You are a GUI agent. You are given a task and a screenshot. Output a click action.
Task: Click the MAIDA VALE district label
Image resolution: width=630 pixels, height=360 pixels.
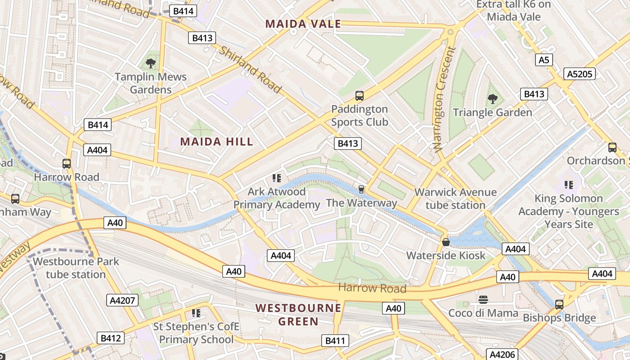[303, 24]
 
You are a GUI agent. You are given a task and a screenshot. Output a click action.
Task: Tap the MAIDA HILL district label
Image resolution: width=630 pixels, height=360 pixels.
[216, 142]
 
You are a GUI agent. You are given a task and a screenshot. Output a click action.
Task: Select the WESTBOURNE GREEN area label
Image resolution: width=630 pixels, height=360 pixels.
[298, 315]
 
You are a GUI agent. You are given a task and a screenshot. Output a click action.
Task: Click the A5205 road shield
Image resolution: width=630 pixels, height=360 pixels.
[580, 74]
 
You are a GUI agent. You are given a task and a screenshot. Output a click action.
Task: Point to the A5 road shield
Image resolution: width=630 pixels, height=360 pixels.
[544, 60]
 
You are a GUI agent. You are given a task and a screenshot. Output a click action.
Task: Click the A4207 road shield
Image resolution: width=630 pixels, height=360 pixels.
[122, 300]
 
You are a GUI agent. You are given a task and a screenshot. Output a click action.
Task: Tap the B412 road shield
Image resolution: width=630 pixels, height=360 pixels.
[110, 338]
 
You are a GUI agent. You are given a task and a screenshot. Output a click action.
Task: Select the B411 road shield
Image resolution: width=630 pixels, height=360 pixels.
[335, 341]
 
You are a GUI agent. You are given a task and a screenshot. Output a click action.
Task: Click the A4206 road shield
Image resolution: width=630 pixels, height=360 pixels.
[502, 354]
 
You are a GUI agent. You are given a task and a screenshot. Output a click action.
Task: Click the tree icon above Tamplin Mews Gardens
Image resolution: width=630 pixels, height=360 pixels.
[151, 63]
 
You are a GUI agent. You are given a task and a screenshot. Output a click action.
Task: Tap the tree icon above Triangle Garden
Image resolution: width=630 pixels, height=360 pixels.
[493, 99]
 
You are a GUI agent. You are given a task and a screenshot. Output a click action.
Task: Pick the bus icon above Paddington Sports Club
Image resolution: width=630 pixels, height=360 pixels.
[359, 95]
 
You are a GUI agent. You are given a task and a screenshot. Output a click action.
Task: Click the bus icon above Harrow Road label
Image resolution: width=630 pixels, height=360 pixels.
[67, 164]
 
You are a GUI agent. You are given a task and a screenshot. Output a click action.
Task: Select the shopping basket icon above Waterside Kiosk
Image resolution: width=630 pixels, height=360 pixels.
[446, 242]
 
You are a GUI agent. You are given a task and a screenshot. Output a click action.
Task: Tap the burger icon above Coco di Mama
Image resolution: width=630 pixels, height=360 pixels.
[483, 299]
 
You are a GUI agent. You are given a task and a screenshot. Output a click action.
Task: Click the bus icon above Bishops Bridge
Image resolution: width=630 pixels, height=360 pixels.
[559, 304]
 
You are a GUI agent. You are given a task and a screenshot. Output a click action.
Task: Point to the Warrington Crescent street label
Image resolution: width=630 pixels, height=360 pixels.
[444, 99]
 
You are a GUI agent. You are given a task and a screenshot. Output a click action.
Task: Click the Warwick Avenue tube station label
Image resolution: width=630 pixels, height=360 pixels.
[455, 198]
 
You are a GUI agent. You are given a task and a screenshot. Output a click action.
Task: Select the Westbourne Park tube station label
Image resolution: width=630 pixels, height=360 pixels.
[76, 268]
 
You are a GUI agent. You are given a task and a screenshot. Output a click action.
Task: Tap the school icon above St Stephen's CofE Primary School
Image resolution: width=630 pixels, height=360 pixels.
[196, 313]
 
